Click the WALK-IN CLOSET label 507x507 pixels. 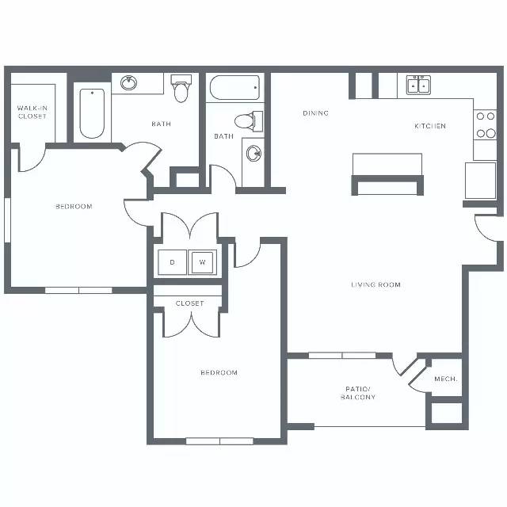[x=32, y=112]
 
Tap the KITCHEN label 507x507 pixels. [x=430, y=126]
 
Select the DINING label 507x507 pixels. [x=315, y=112]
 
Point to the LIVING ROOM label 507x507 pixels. [x=375, y=284]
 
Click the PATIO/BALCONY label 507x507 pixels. [x=358, y=393]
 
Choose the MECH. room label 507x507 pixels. [x=446, y=379]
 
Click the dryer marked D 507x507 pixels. [x=172, y=262]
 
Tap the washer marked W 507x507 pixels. [x=203, y=262]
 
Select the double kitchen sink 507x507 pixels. [x=419, y=85]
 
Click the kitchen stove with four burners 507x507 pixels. [x=485, y=125]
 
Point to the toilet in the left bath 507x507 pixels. [x=181, y=88]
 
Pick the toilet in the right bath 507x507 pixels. [x=249, y=121]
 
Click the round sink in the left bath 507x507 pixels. [x=128, y=83]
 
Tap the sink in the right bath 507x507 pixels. [x=253, y=153]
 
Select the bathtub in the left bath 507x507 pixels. [x=92, y=113]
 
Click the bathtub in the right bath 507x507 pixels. [x=234, y=88]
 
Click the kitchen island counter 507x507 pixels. [x=387, y=174]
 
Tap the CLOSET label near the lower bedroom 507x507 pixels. [x=189, y=303]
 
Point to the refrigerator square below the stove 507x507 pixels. [x=481, y=180]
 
